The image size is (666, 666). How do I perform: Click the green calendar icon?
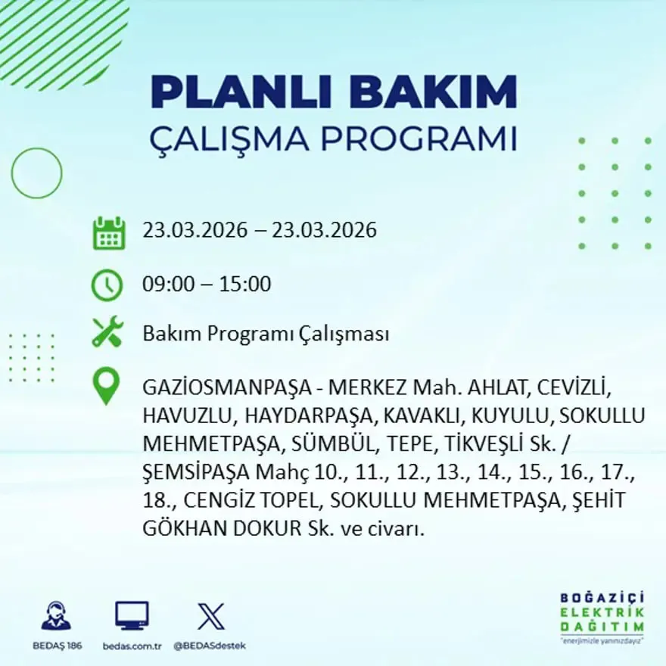click(x=108, y=233)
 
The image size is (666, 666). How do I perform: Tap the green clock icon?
click(x=107, y=285)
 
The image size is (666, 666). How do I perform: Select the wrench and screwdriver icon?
click(x=107, y=333)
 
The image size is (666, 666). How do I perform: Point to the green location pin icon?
click(x=106, y=385)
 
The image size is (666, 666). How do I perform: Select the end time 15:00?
click(x=245, y=285)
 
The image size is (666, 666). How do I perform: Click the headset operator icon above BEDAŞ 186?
click(x=56, y=616)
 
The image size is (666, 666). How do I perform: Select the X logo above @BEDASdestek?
click(x=210, y=616)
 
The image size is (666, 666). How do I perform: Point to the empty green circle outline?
click(x=37, y=173)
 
